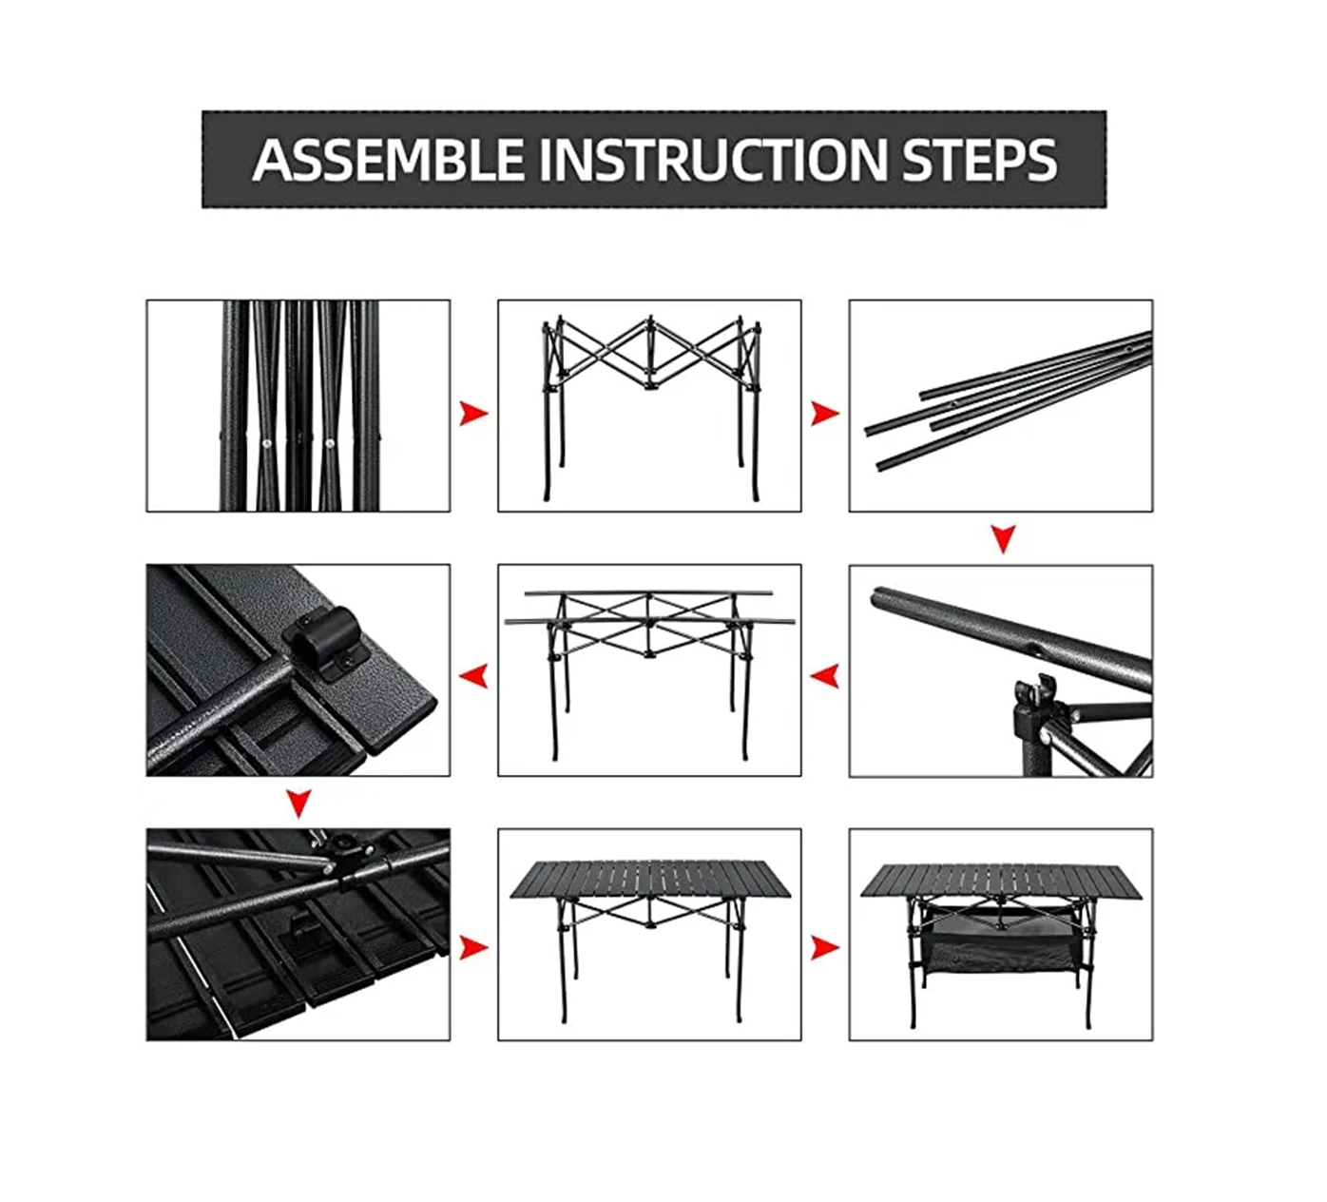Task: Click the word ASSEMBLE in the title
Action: tap(388, 160)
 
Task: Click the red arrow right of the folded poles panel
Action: tap(473, 414)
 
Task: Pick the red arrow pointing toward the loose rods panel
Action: tap(825, 414)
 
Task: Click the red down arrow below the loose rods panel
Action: tap(1003, 538)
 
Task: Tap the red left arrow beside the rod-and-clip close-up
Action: tap(825, 676)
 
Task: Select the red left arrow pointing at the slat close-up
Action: tap(473, 676)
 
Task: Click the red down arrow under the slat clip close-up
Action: tap(299, 804)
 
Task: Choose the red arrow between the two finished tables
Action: tap(825, 947)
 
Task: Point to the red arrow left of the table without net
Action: tap(473, 947)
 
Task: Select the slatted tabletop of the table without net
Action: tap(650, 881)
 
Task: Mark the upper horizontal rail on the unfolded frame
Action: tap(649, 593)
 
